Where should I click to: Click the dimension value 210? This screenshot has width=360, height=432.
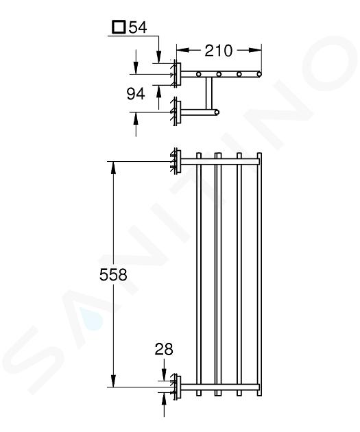[218, 51]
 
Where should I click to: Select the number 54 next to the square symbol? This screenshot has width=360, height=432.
[138, 27]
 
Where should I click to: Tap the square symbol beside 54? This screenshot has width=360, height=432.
[119, 27]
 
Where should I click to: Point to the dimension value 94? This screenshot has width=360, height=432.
[136, 94]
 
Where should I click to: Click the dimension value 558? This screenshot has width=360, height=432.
[113, 275]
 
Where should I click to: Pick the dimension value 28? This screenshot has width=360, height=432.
[164, 349]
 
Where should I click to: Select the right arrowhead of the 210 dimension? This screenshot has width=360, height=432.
[255, 50]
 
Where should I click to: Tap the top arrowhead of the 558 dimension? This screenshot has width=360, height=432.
[113, 167]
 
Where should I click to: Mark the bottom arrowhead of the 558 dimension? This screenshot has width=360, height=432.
[113, 381]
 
